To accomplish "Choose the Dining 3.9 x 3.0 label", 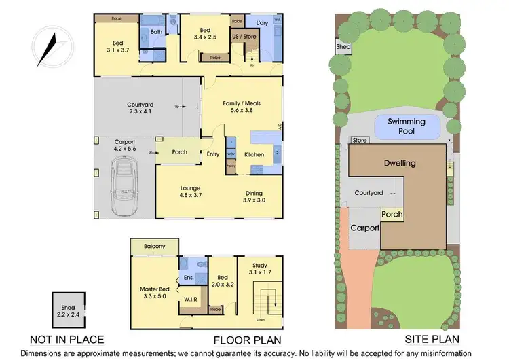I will [x=257, y=196].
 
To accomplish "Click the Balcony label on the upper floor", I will [x=155, y=245].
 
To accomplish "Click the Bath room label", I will [x=156, y=31].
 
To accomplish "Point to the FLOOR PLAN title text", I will [x=244, y=340].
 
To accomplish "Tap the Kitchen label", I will [x=254, y=154].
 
